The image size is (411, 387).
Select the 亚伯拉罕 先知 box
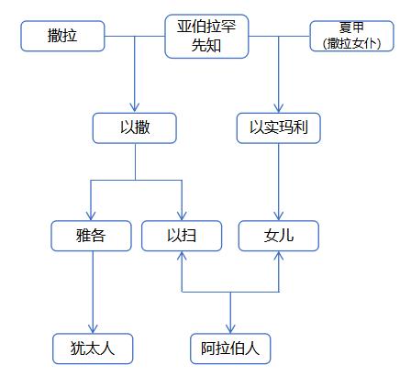[x=206, y=36]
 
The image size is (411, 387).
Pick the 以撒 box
[x=135, y=128]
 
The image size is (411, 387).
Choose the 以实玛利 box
[x=278, y=128]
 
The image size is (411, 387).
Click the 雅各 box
[x=92, y=236]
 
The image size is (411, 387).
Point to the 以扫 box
[x=181, y=236]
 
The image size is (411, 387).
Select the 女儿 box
[x=278, y=236]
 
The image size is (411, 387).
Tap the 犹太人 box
[x=92, y=348]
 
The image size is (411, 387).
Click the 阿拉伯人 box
[x=230, y=348]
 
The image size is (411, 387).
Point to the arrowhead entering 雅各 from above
[x=92, y=216]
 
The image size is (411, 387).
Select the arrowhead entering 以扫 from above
[x=181, y=216]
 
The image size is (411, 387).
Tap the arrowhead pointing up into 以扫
[x=181, y=256]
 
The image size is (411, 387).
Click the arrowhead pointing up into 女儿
[x=278, y=256]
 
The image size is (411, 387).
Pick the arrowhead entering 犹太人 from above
[x=92, y=327]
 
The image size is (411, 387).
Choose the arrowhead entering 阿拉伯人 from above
[x=230, y=328]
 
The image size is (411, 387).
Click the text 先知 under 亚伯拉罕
[x=206, y=45]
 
